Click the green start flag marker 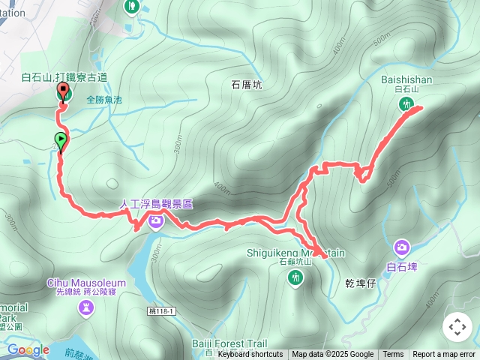(x=60, y=139)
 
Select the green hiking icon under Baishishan (x=406, y=105)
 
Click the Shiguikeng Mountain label (x=295, y=253)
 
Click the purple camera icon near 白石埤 (x=402, y=247)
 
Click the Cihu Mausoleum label (x=86, y=283)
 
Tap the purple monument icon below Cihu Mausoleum (x=87, y=307)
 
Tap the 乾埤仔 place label (x=360, y=283)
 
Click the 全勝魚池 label (x=103, y=98)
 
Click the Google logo (x=28, y=349)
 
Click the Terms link (x=393, y=355)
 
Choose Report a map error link (x=445, y=355)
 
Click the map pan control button (x=457, y=327)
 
